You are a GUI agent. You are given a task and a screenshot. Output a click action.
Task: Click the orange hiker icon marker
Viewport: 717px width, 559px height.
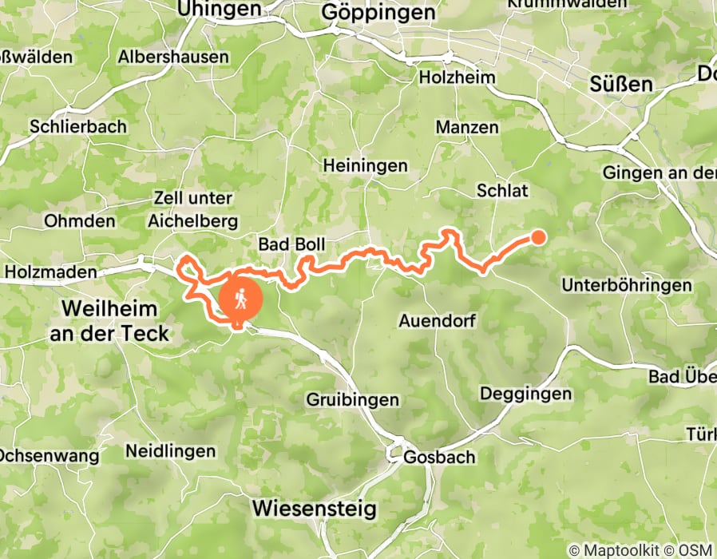pos(241,299)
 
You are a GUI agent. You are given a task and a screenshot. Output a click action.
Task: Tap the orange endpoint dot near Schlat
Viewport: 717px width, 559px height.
pos(539,236)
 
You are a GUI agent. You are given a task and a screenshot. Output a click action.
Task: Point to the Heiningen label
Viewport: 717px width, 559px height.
pos(365,166)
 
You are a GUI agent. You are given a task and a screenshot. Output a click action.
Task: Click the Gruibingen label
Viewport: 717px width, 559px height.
pos(354,399)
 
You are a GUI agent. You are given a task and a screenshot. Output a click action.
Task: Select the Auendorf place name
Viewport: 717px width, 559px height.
pos(437,323)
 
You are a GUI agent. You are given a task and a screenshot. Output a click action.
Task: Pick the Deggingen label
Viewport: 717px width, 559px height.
pos(526,394)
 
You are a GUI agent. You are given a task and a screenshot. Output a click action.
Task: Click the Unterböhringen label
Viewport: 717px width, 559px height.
pos(627,285)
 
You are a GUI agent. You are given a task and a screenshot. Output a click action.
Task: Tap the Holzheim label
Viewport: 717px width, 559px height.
pos(457,78)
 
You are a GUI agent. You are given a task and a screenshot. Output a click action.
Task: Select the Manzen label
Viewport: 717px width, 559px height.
pos(467,127)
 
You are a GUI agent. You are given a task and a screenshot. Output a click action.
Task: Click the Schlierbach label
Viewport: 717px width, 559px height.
pos(67,126)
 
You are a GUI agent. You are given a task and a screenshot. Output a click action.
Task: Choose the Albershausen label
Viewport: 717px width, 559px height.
pos(173,57)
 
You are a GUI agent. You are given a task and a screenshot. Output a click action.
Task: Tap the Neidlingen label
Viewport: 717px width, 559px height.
pos(170,451)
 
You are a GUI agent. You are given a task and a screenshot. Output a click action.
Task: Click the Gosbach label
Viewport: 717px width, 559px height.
pos(439,458)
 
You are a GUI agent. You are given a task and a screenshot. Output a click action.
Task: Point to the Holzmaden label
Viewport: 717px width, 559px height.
pos(50,272)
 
